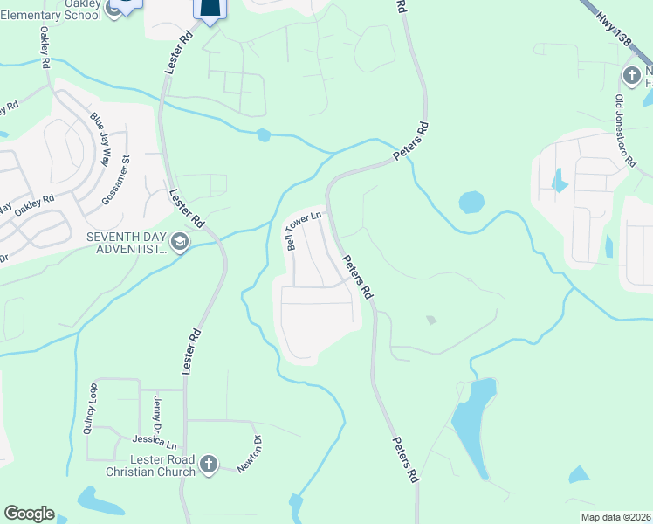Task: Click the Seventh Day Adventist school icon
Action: pyautogui.click(x=180, y=242)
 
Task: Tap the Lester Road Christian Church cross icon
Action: pyautogui.click(x=208, y=465)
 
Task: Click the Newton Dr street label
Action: pyautogui.click(x=258, y=452)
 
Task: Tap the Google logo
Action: pyautogui.click(x=29, y=514)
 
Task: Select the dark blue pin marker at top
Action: pyautogui.click(x=210, y=8)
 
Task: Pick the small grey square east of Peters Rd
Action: pyautogui.click(x=430, y=321)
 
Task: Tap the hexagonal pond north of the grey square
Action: pyautogui.click(x=471, y=202)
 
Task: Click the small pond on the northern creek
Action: pyautogui.click(x=264, y=135)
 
